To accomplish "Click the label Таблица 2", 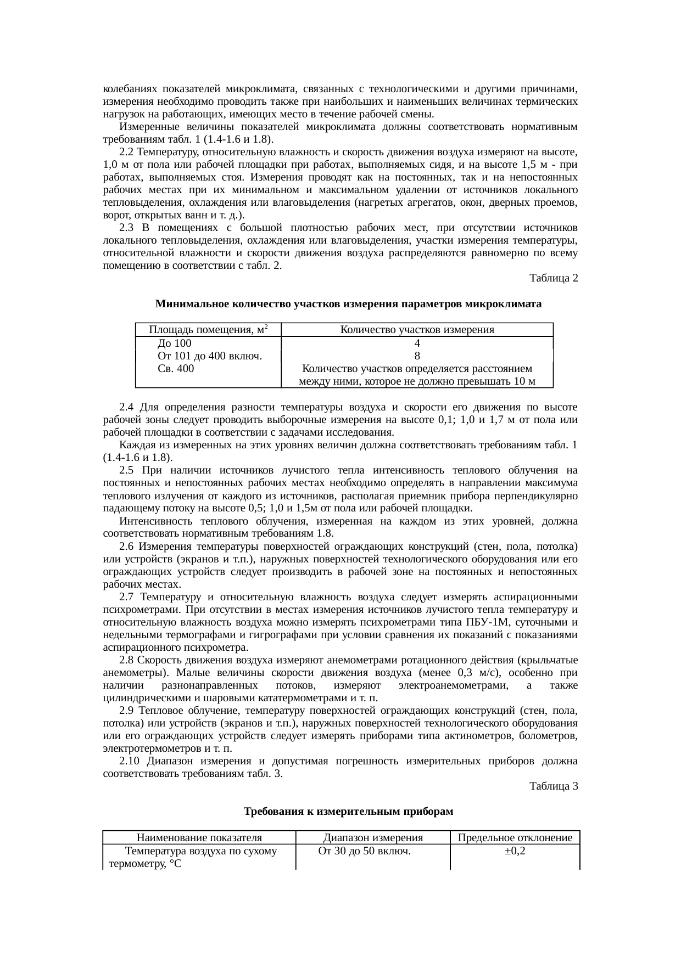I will coord(553,278).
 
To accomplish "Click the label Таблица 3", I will coord(553,786).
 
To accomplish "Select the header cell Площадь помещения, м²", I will coord(208,330).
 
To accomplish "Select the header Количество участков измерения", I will coord(417,330).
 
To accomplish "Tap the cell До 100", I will coord(175,343).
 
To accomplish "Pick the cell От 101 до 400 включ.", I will coord(209,356).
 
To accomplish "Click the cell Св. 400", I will coord(176,369).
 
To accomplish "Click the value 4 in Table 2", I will coord(417,343).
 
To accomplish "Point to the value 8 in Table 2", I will coord(417,356).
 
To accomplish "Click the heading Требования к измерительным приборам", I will coord(348,812).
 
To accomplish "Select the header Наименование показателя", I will coord(199,838).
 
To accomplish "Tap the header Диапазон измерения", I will coord(373,838).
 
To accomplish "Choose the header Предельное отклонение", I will coord(515,838).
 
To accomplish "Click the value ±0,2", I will coord(515,851).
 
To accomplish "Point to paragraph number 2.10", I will coord(129,761).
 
